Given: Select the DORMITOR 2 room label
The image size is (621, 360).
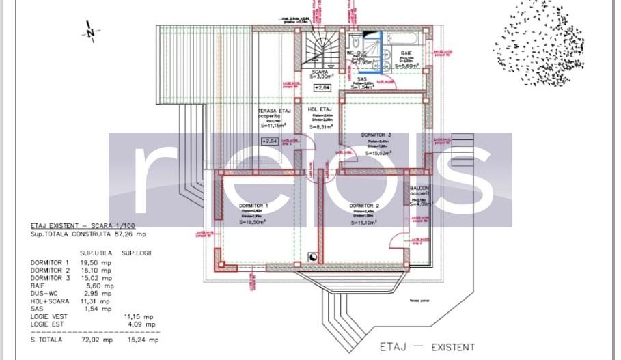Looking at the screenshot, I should point(363,206).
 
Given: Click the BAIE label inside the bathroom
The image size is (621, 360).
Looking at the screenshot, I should point(406,52).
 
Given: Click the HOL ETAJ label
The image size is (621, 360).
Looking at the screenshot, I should point(320,109).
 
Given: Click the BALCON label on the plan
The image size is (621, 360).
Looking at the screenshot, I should point(419,188).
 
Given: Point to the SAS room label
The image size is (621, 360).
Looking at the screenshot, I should point(361,79).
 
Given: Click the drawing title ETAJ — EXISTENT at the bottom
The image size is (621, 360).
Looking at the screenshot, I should point(427,347).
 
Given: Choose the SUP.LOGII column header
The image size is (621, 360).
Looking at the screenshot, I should point(137,252).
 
